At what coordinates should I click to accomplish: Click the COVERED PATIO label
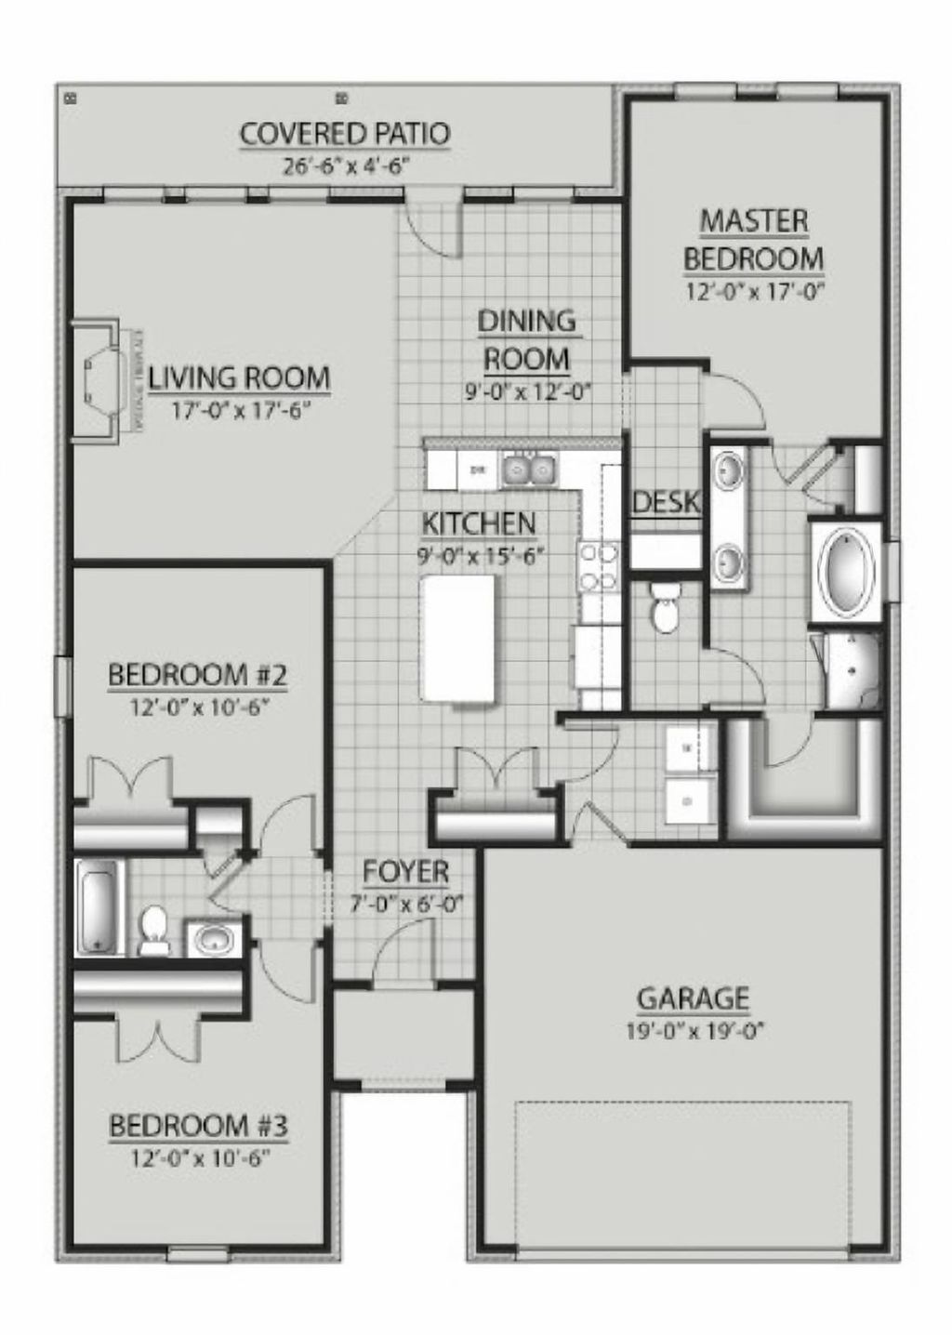pos(345,134)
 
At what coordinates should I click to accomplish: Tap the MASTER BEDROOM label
pos(753,240)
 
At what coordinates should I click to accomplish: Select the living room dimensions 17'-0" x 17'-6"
pos(239,410)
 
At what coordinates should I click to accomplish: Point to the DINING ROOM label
pos(527,339)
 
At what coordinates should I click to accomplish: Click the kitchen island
pos(458,639)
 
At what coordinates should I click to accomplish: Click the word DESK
pos(665,503)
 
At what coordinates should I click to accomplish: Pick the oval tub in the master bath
pos(846,570)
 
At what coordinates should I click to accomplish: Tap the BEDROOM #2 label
pos(198,674)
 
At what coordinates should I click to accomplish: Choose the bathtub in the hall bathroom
pos(99,906)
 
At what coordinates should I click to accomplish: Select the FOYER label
pos(405,872)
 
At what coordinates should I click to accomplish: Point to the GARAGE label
pos(693,998)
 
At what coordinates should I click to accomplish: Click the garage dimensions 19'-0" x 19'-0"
pos(693,1029)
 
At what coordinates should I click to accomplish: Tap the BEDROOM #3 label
pos(198,1126)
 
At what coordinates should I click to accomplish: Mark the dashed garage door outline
pos(683,1104)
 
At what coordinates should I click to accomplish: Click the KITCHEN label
pos(479,522)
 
